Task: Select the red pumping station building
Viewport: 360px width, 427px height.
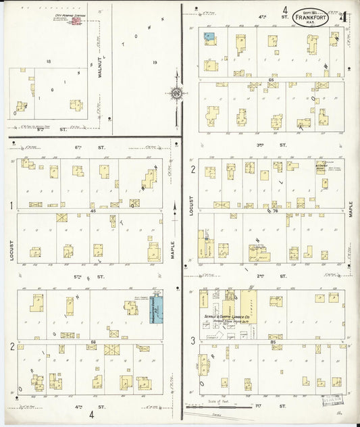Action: tap(76, 22)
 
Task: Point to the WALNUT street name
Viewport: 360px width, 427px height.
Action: tap(99, 68)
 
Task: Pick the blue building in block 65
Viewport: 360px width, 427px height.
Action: tap(209, 37)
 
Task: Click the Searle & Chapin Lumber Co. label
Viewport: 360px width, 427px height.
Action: tap(228, 316)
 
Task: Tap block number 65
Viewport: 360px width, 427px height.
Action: tap(272, 80)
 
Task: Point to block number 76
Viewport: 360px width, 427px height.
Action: tap(275, 211)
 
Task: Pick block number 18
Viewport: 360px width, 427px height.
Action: tap(49, 61)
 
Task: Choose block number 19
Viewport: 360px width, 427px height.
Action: tap(154, 62)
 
